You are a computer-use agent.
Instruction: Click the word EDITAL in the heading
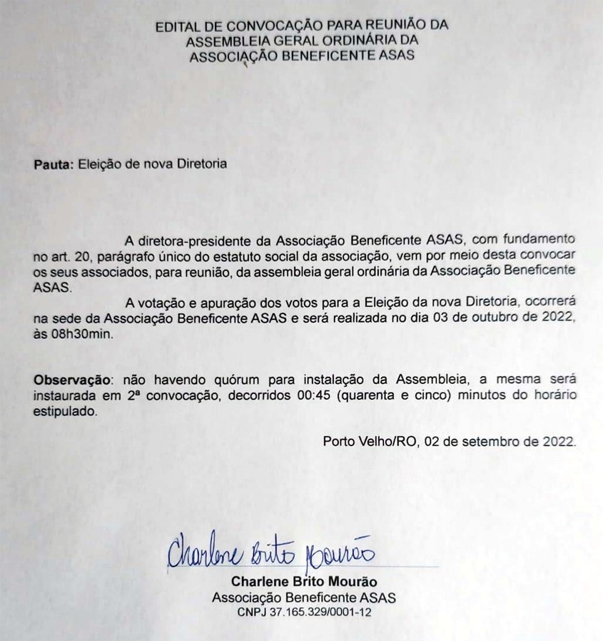tap(175, 26)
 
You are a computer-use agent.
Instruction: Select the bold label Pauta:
tap(53, 163)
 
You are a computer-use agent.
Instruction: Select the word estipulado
tap(63, 411)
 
